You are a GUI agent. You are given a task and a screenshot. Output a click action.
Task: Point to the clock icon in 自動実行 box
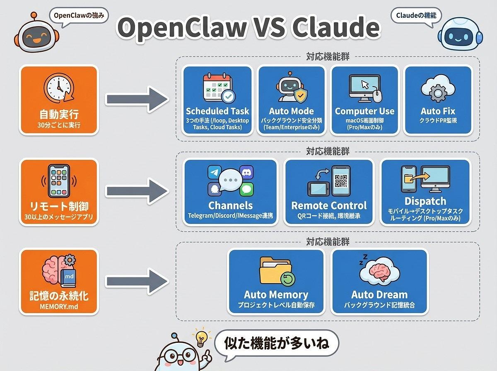pos(58,88)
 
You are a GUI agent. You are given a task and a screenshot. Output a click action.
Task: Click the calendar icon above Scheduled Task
pos(217,88)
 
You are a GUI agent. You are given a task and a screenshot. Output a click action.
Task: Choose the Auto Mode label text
pos(291,111)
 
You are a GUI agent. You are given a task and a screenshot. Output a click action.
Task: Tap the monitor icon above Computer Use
pos(363,87)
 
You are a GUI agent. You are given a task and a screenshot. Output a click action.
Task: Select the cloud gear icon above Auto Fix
pos(437,88)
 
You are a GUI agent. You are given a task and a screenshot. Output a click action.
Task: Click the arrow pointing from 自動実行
pos(137,99)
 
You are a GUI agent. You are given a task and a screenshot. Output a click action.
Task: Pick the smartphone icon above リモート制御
pos(58,181)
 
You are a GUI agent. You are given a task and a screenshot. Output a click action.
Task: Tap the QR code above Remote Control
pos(340,181)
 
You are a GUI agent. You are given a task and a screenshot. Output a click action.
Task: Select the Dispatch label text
pos(425,201)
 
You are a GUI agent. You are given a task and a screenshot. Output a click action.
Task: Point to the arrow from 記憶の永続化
pos(137,282)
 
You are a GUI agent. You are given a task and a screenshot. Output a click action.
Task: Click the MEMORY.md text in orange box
pos(58,307)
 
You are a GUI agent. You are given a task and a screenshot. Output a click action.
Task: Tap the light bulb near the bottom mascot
pos(201,338)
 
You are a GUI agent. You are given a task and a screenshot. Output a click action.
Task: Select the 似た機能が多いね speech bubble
pos(276,343)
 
